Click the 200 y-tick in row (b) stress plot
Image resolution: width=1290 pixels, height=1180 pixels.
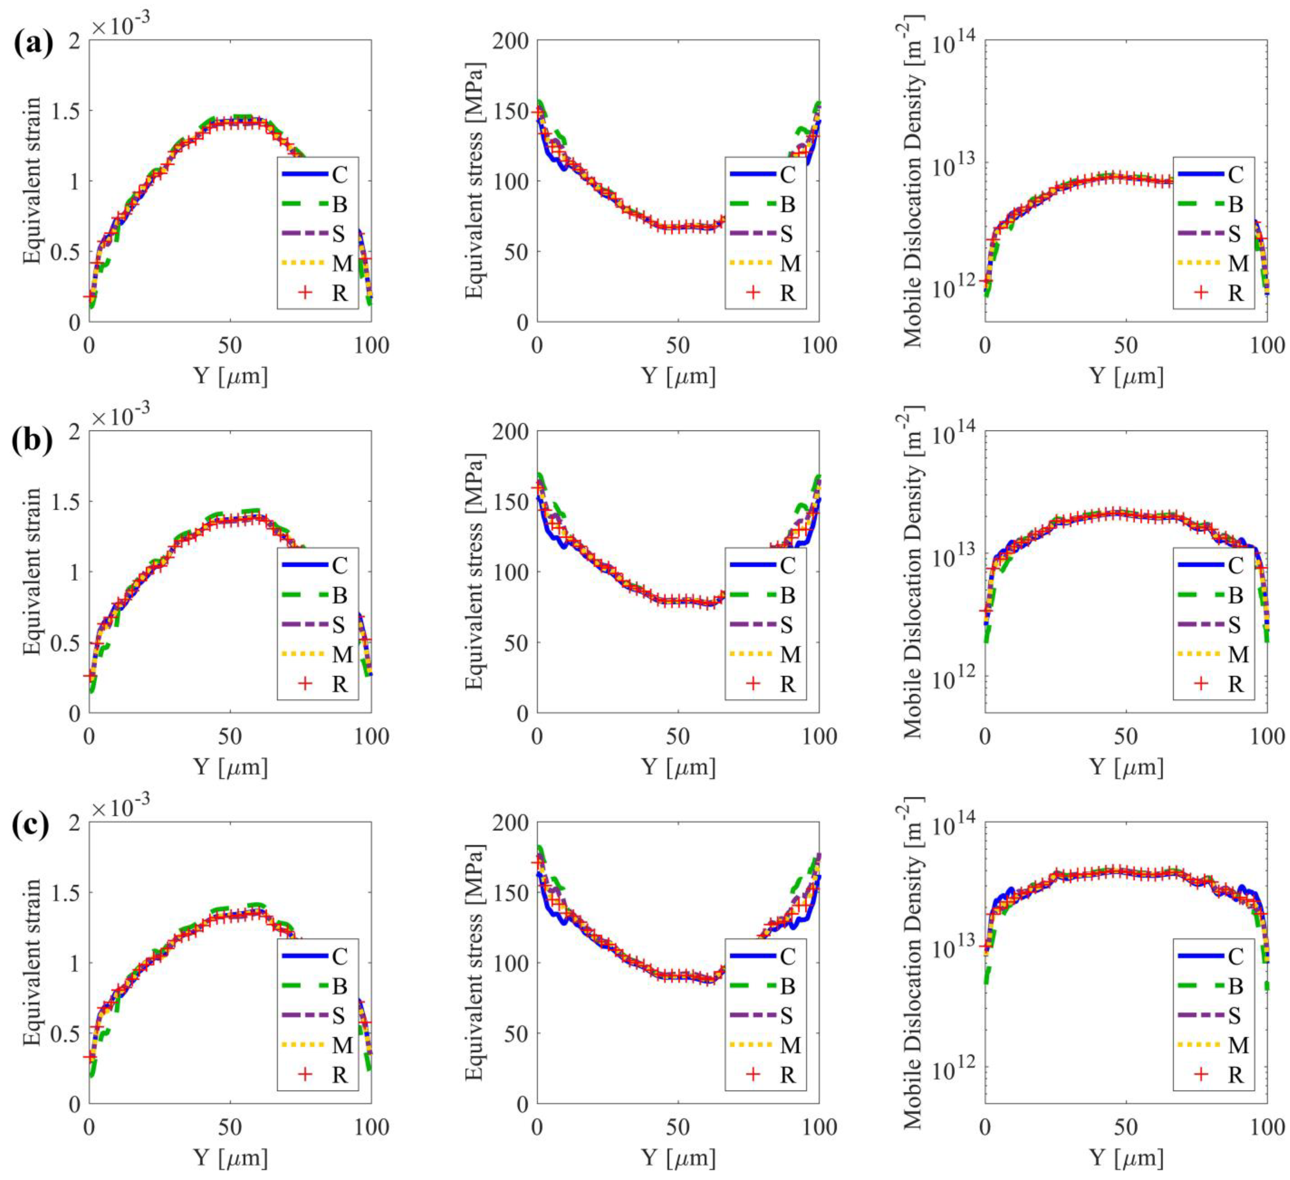pos(510,432)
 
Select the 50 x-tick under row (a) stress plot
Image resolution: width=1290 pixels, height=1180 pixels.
pos(678,346)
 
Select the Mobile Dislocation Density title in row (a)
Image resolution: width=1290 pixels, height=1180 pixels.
pos(913,181)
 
